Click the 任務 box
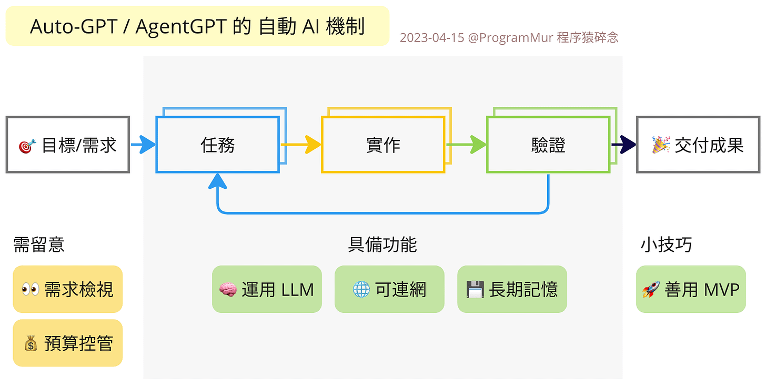(x=217, y=145)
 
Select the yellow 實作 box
(x=382, y=145)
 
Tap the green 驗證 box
(x=548, y=145)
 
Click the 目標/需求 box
(x=68, y=145)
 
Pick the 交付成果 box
(x=698, y=145)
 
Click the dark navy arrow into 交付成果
(x=624, y=144)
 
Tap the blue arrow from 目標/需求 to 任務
(x=143, y=144)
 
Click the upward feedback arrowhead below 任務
(x=217, y=181)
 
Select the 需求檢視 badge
(x=68, y=289)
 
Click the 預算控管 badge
(x=68, y=343)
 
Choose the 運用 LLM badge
(x=267, y=289)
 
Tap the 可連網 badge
(x=389, y=289)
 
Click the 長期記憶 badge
(x=512, y=289)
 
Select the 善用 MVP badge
(x=691, y=289)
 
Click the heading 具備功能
(x=382, y=245)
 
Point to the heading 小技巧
(x=666, y=245)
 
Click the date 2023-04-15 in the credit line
(x=431, y=38)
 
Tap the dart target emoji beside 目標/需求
(x=27, y=146)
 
